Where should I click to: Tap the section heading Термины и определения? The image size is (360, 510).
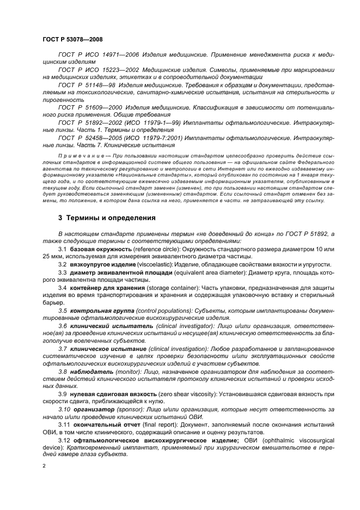coord(107,218)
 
